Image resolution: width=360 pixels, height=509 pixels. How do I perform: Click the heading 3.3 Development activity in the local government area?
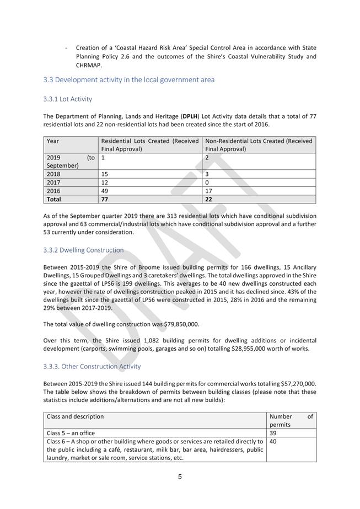click(128, 80)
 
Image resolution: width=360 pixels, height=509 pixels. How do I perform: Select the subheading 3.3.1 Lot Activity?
click(67, 99)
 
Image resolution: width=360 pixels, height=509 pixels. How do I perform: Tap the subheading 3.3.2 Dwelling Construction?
click(83, 250)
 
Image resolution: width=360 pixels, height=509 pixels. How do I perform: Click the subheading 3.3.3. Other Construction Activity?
click(92, 367)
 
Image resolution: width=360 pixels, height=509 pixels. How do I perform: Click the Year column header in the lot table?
click(53, 141)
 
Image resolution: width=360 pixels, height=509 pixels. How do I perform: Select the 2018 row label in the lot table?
click(53, 174)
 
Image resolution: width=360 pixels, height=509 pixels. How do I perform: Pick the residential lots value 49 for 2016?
click(105, 191)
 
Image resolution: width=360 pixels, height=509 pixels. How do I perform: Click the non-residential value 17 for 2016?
click(209, 191)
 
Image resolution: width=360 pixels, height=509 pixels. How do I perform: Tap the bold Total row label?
click(54, 200)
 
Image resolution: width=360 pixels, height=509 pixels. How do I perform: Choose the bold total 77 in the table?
click(105, 200)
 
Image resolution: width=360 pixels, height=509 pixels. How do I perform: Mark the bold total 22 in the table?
click(209, 200)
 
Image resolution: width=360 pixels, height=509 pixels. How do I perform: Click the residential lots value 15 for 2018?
click(105, 174)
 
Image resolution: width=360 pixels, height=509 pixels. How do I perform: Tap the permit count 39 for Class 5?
click(273, 433)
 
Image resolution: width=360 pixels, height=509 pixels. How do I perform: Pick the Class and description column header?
click(75, 417)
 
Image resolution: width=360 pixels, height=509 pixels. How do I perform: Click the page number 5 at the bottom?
click(180, 478)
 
